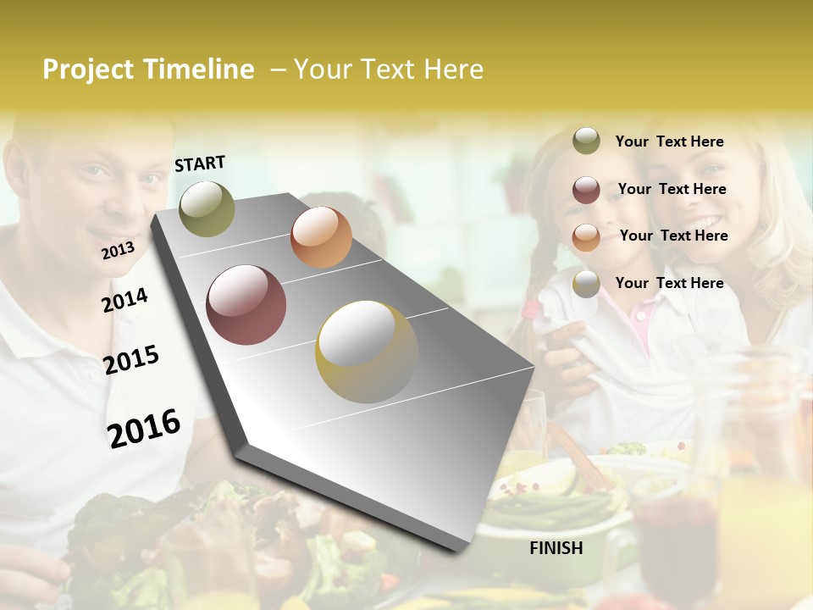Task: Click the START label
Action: (200, 164)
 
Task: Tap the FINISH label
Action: (556, 548)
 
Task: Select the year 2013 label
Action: (118, 250)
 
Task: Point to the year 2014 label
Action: (124, 300)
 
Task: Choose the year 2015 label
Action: (131, 360)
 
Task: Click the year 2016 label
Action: (144, 428)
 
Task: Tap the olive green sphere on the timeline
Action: (207, 208)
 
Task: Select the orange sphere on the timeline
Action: (321, 237)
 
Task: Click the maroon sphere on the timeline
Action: (246, 305)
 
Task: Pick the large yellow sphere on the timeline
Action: (367, 352)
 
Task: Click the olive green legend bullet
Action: (586, 141)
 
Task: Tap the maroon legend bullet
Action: (586, 190)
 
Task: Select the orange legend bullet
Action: (586, 236)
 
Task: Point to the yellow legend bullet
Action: (586, 284)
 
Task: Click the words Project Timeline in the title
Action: (148, 69)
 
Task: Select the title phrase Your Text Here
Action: (389, 69)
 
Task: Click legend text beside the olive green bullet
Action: (669, 141)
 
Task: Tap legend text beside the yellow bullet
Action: (669, 283)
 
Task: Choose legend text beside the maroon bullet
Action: (672, 189)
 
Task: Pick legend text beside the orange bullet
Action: (673, 236)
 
